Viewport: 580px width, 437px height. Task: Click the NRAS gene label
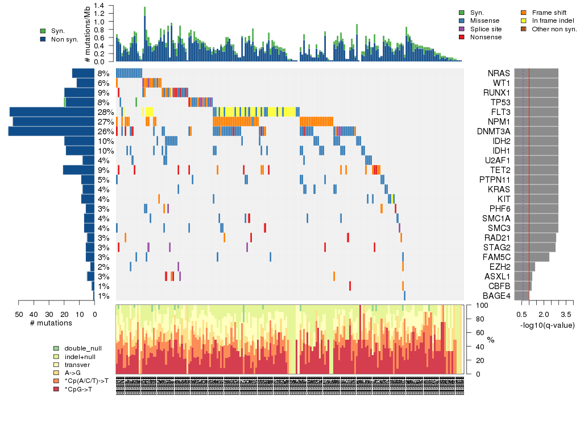(x=499, y=73)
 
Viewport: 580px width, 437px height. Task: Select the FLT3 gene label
(x=499, y=112)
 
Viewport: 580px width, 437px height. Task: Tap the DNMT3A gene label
(x=494, y=131)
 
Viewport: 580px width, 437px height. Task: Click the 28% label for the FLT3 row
(x=103, y=112)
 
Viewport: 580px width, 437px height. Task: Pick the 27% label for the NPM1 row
(x=103, y=122)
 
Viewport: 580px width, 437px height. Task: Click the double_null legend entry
(x=80, y=348)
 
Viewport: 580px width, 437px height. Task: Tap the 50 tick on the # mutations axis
(x=18, y=314)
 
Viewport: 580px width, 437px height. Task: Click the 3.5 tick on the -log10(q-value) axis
(x=566, y=314)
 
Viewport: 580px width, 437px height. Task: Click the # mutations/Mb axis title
(x=87, y=34)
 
